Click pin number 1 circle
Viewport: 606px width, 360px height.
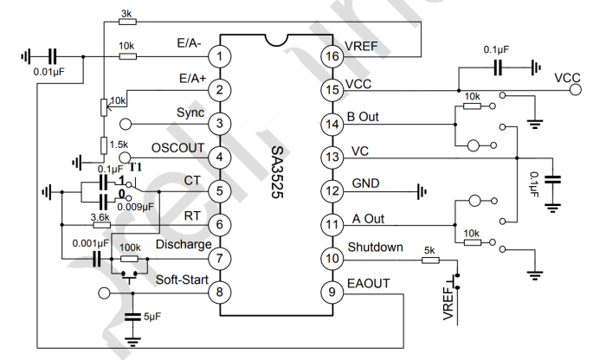[222, 56]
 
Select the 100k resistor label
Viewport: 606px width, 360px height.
[130, 247]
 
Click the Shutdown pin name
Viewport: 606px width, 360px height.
[375, 247]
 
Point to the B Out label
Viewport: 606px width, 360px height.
[363, 114]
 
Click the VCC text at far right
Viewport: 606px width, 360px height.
[569, 78]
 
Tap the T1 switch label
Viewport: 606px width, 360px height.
[136, 167]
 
